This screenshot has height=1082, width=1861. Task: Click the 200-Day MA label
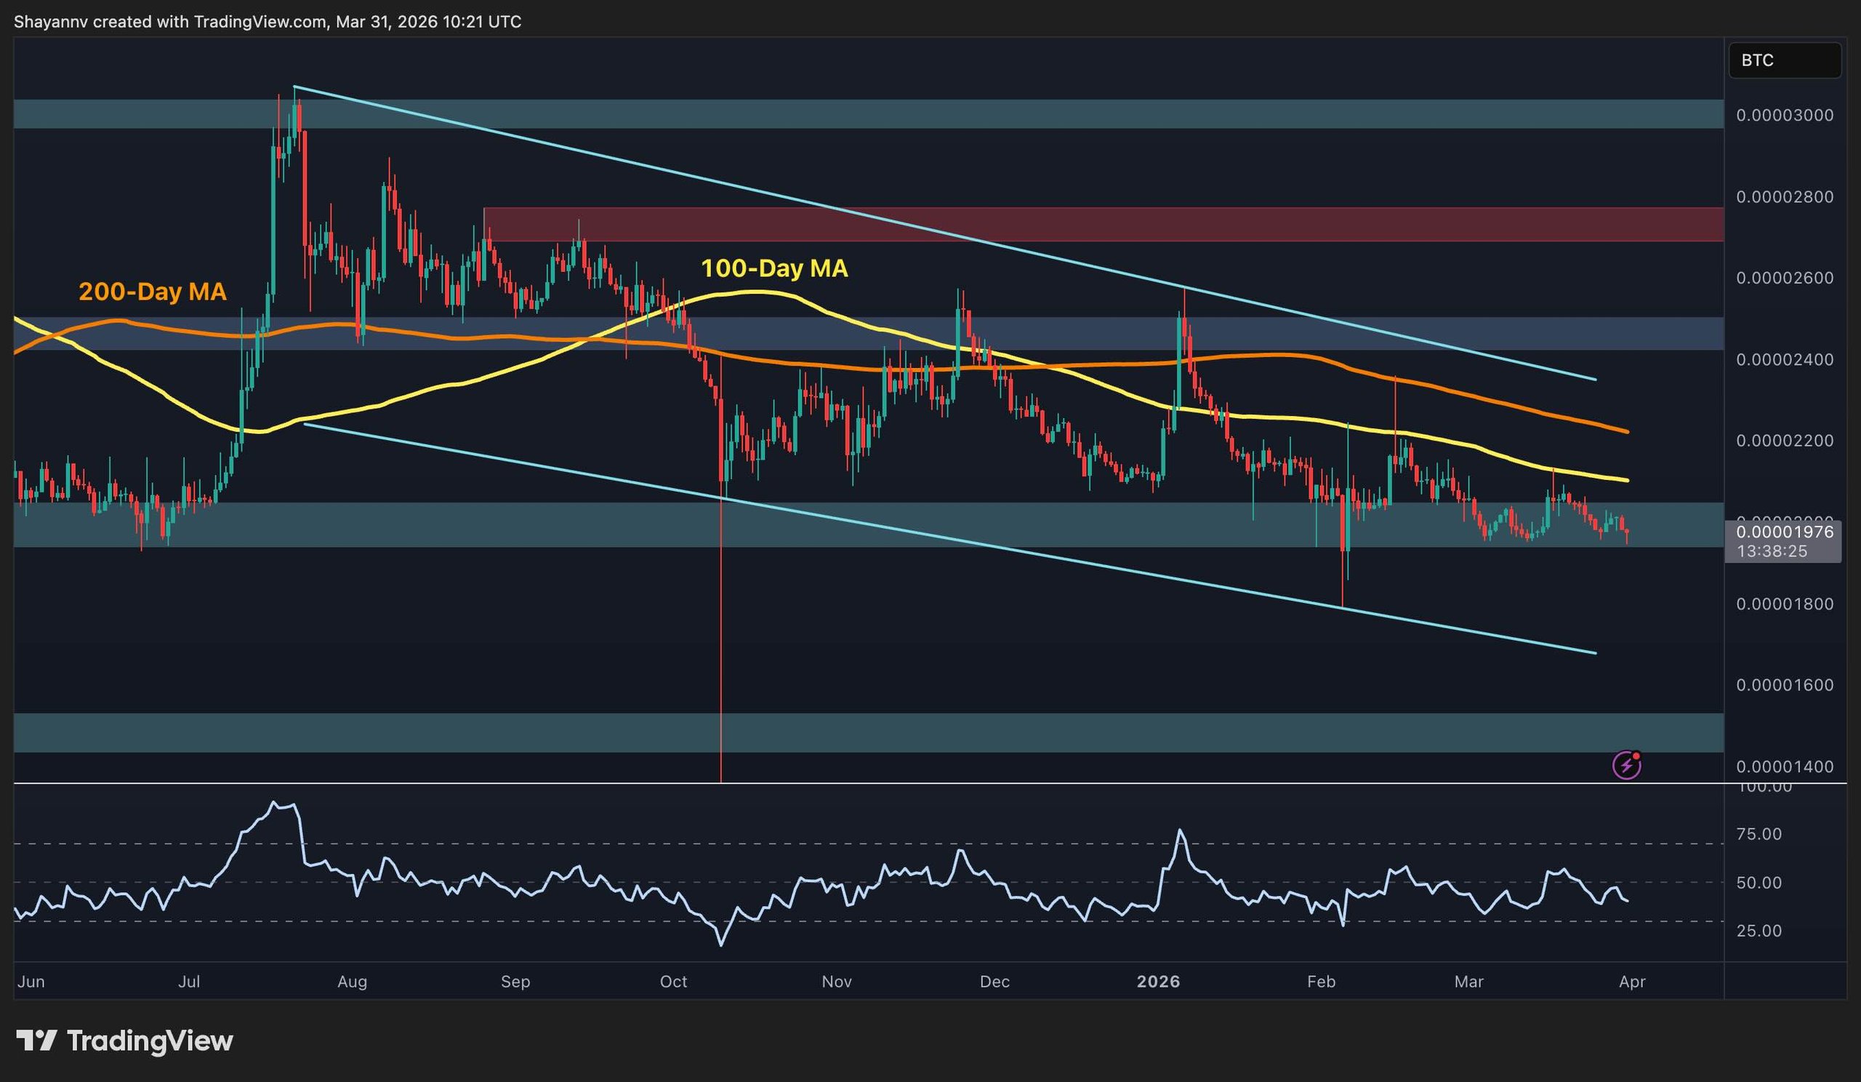(152, 292)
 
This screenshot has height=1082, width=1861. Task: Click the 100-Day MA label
(774, 268)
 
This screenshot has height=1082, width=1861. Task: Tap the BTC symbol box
(1783, 60)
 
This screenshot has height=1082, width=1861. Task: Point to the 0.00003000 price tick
(1784, 115)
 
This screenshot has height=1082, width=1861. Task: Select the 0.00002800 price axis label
(1784, 197)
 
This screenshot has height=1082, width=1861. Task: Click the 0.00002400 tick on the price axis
(1784, 360)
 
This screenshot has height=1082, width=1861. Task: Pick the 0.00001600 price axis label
(1784, 686)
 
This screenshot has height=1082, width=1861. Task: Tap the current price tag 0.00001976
(1784, 532)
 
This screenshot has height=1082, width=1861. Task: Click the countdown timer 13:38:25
(1772, 551)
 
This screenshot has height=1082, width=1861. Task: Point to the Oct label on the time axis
(672, 982)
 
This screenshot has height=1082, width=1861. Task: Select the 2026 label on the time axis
(1158, 982)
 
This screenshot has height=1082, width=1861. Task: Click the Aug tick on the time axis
(352, 982)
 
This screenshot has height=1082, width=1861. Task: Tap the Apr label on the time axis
(1632, 982)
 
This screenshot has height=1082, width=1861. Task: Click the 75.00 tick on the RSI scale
(1759, 834)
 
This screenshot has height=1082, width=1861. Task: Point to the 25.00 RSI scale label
(1759, 931)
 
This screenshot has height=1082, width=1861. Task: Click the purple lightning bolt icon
(1627, 766)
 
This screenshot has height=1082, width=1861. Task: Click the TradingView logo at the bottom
(125, 1041)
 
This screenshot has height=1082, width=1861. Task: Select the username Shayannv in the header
(51, 22)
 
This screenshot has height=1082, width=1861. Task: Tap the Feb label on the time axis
(1321, 982)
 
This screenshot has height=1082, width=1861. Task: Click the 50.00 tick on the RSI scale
(1759, 883)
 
